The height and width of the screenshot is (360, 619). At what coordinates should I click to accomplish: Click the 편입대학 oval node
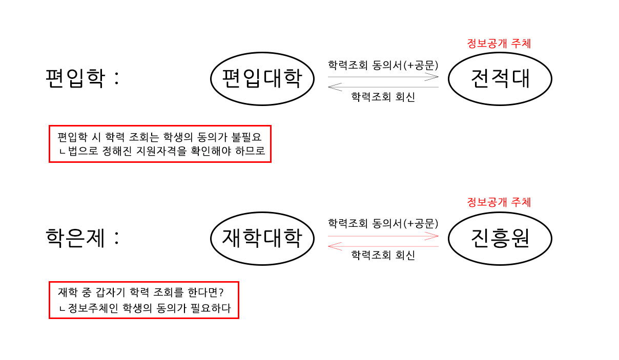(262, 79)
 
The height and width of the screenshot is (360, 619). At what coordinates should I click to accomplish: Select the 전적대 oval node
(500, 79)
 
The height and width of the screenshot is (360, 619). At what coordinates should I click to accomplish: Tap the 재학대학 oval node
(262, 238)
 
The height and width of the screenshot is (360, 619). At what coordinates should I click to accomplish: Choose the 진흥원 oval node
(500, 238)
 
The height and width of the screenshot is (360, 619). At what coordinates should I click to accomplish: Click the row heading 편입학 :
(82, 79)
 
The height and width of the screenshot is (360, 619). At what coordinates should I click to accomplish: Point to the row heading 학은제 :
(82, 238)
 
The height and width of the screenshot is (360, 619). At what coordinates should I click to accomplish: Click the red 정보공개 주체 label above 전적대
(499, 44)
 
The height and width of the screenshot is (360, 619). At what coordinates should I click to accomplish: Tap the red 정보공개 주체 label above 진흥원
(499, 202)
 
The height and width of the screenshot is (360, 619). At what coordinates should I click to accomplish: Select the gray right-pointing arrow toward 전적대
(383, 77)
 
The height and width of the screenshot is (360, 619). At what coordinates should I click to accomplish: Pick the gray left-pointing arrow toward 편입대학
(383, 87)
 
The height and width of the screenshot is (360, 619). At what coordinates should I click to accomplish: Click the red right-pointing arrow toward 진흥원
(383, 236)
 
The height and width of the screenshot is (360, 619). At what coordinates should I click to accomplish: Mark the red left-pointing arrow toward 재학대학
(383, 246)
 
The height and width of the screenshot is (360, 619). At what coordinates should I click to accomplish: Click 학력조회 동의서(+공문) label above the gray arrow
(383, 65)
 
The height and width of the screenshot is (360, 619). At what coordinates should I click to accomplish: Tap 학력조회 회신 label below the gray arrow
(383, 97)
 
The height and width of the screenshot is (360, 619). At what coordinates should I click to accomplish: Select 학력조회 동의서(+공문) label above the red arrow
(383, 223)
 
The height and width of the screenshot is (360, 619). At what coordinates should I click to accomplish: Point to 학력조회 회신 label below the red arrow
(383, 256)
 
